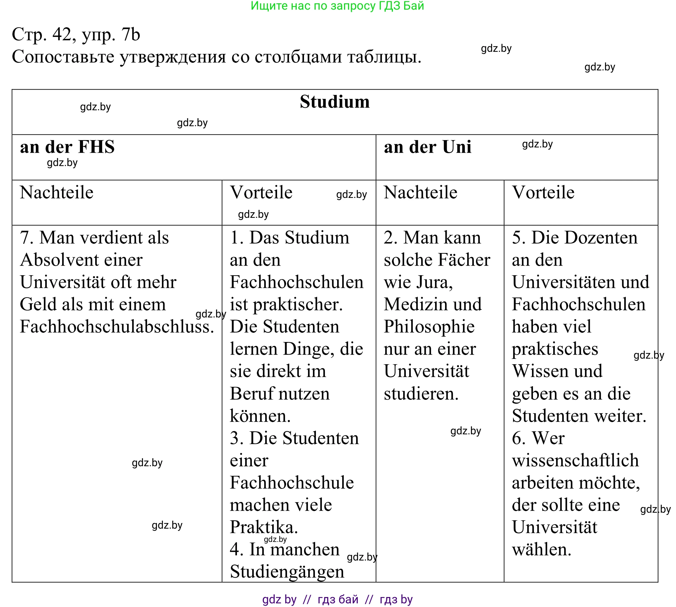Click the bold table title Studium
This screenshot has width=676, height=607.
pos(334,102)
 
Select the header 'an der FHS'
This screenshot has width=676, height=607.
pos(67,147)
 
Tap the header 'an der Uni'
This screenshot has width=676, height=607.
pos(427,147)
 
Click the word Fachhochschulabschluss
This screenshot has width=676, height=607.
pos(117,326)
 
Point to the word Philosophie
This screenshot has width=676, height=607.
pos(429,326)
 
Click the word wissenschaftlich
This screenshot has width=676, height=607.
pos(575,460)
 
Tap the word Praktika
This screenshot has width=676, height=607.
pos(263,527)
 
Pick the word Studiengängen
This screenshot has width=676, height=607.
pos(287,572)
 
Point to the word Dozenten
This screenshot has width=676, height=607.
pos(584,237)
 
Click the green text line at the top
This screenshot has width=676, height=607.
pos(337,6)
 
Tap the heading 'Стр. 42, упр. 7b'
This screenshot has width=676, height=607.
pos(76,34)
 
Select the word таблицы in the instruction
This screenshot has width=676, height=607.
pos(384,56)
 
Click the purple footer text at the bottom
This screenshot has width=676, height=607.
pos(337,599)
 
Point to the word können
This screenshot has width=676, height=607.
pos(260,416)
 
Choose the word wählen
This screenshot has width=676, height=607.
pos(541,549)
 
